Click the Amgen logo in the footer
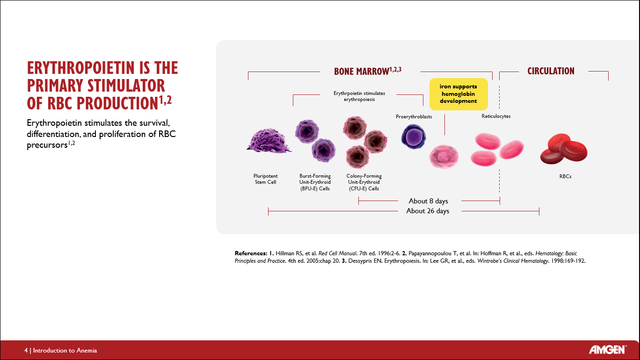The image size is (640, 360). pyautogui.click(x=608, y=349)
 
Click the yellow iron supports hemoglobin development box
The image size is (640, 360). pyautogui.click(x=458, y=94)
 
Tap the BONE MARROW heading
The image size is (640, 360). pyautogui.click(x=367, y=71)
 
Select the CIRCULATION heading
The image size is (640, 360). pyautogui.click(x=551, y=71)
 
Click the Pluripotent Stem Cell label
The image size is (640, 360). pyautogui.click(x=265, y=179)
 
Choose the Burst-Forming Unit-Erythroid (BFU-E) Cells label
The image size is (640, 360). pyautogui.click(x=315, y=182)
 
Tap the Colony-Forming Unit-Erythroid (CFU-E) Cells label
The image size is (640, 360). pyautogui.click(x=364, y=182)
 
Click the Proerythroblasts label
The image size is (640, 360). pyautogui.click(x=414, y=116)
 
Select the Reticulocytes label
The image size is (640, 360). pyautogui.click(x=496, y=116)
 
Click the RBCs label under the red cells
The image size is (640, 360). pyautogui.click(x=565, y=176)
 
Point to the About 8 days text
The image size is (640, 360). pyautogui.click(x=428, y=201)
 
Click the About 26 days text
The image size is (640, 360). pyautogui.click(x=428, y=211)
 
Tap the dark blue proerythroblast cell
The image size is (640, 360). pyautogui.click(x=414, y=137)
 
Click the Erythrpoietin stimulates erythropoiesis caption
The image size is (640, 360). pyautogui.click(x=359, y=96)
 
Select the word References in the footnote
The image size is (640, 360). pyautogui.click(x=251, y=253)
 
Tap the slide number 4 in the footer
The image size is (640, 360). pyautogui.click(x=26, y=350)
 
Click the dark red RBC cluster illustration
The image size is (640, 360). pyautogui.click(x=564, y=149)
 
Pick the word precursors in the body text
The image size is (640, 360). pyautogui.click(x=47, y=145)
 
